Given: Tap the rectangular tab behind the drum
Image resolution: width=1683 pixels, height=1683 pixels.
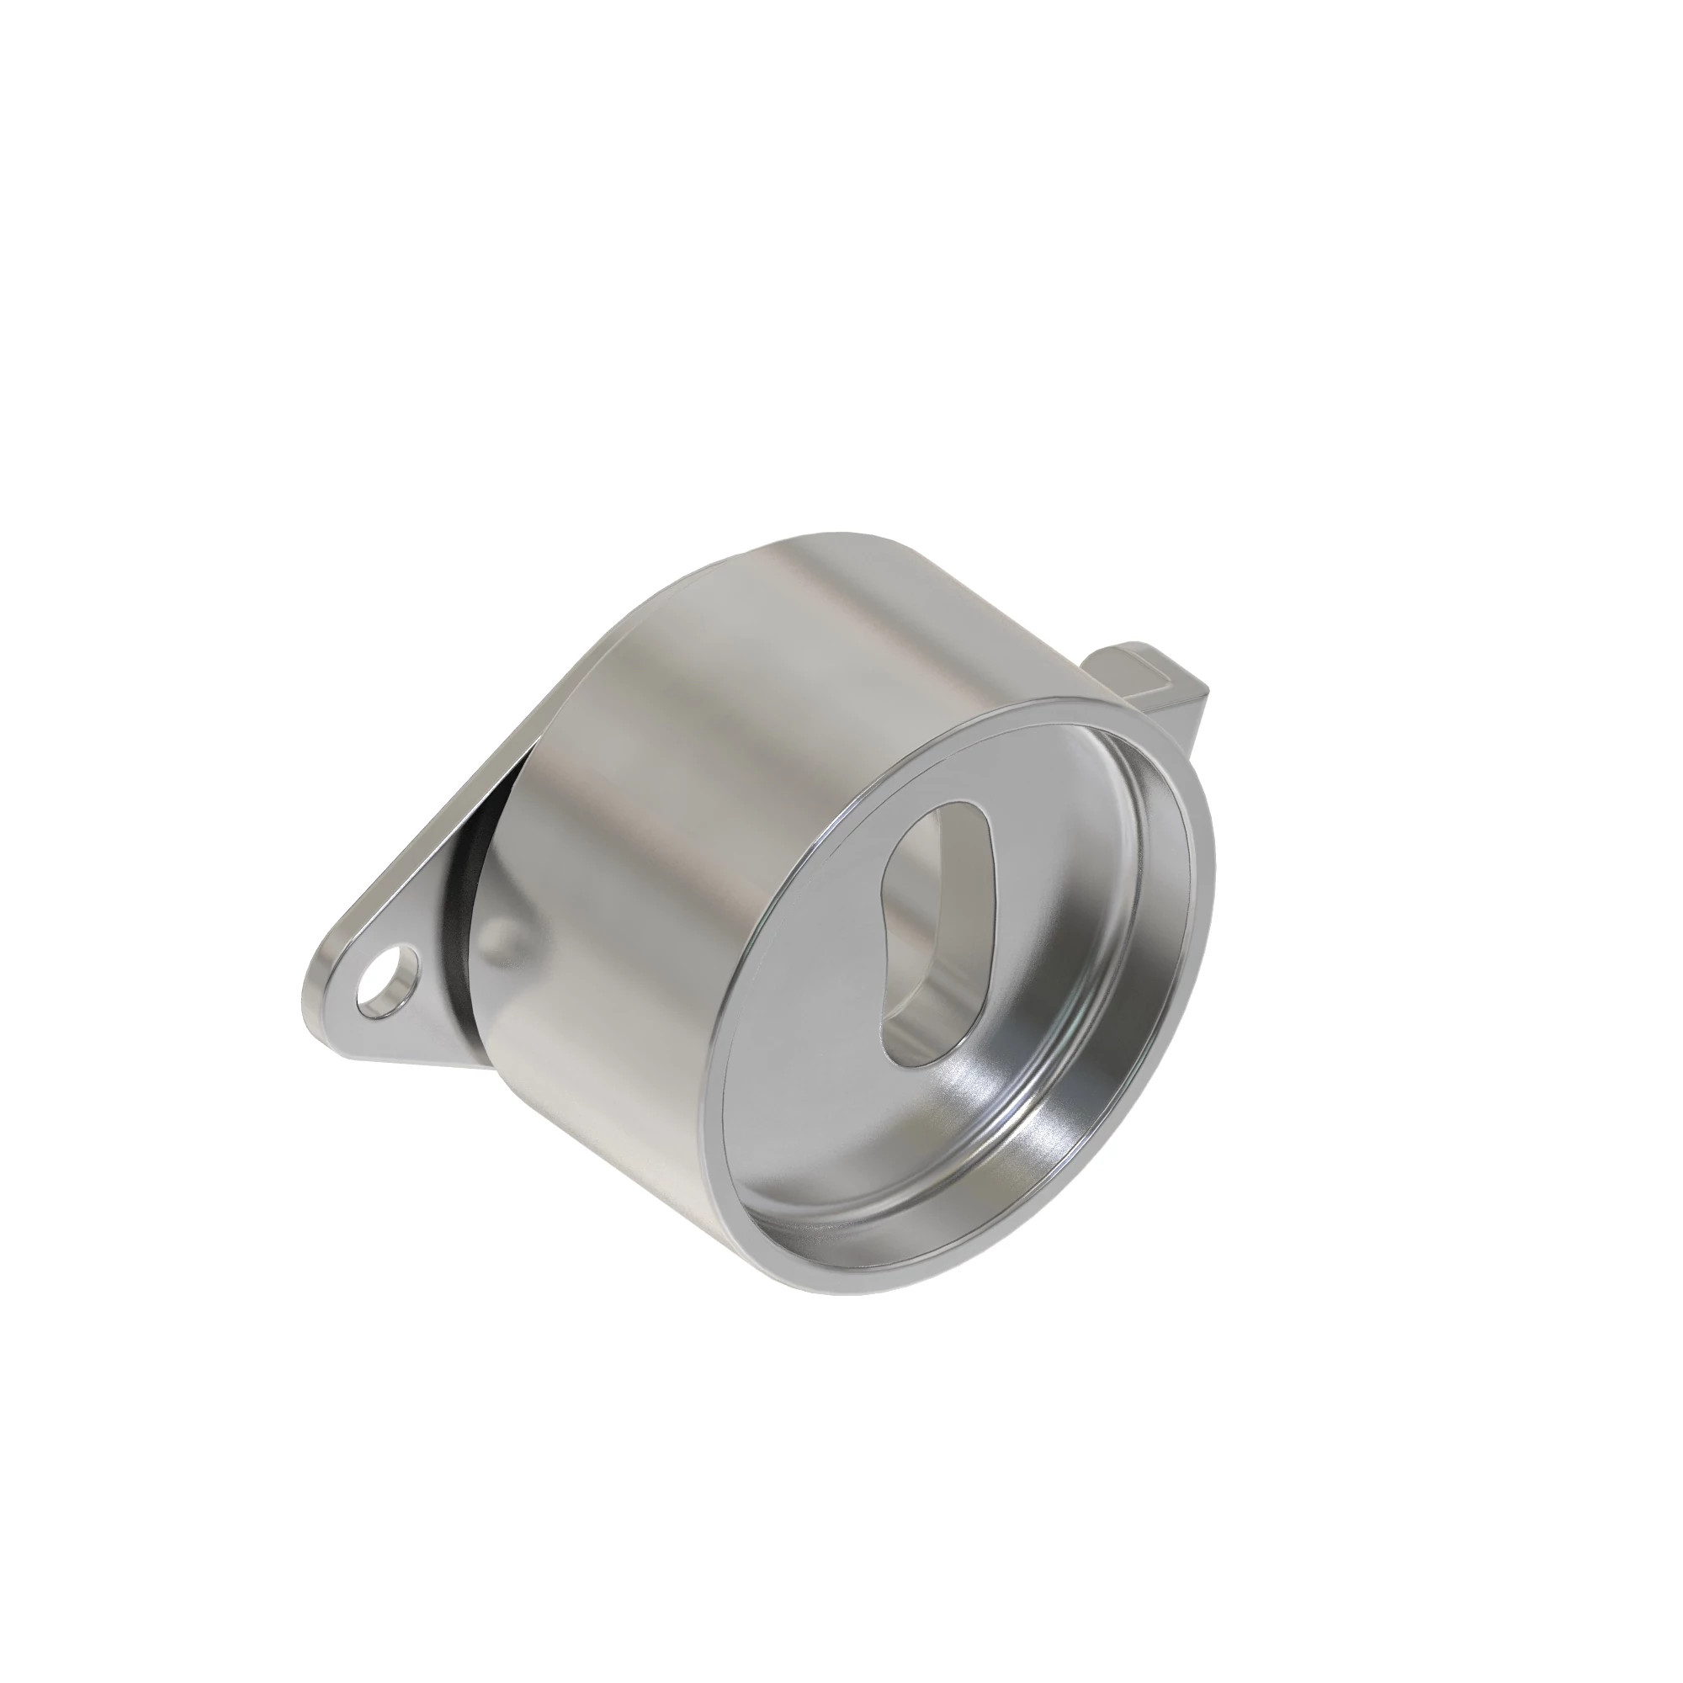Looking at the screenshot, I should point(1159,688).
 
